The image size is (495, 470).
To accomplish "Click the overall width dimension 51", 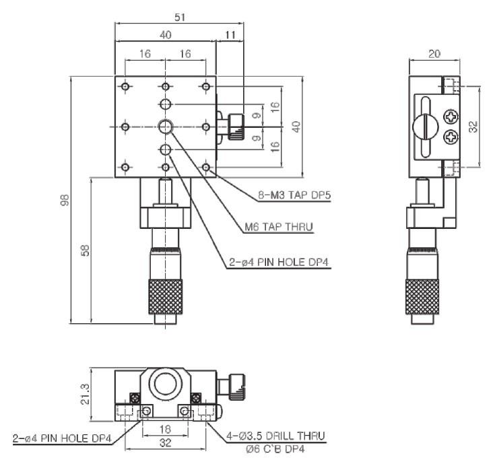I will point(179,18).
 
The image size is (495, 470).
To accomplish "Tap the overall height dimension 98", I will point(65,200).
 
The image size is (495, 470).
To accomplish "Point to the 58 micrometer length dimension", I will point(86,250).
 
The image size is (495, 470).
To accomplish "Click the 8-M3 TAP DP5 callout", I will point(294,196).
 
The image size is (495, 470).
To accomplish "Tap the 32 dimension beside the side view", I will point(473,125).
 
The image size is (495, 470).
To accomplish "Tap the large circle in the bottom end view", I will point(166,384).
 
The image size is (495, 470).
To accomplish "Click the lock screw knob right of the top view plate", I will point(234,126).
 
